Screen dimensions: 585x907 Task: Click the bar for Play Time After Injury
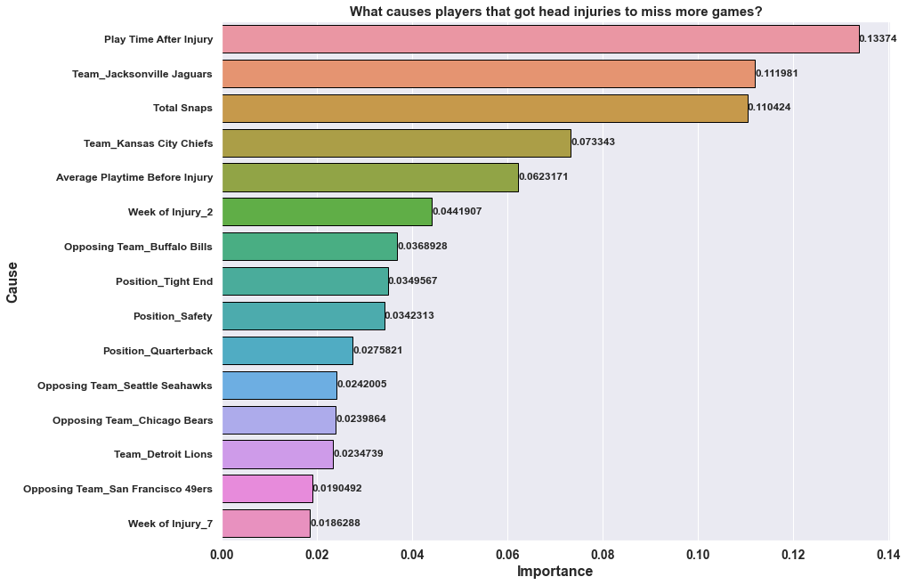tap(540, 39)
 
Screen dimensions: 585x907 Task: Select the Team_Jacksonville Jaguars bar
tap(488, 74)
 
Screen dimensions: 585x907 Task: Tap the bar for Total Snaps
tap(484, 108)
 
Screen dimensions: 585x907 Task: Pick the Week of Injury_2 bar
tap(327, 212)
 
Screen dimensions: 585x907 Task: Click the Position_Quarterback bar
tap(287, 351)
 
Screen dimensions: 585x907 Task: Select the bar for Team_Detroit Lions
tap(277, 454)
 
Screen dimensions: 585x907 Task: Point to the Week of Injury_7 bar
tap(265, 524)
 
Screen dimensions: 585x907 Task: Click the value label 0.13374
tap(878, 39)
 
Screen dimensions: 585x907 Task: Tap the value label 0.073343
tap(593, 142)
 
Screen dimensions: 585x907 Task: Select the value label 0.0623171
tap(543, 177)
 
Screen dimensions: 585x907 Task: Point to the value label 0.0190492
tap(336, 489)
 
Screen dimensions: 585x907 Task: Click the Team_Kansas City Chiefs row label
tap(148, 142)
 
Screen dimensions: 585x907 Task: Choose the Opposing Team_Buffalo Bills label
tap(138, 247)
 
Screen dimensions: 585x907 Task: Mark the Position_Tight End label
tap(164, 281)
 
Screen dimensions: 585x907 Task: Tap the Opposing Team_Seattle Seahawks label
tap(125, 386)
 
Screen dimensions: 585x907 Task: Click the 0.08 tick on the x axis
tap(603, 555)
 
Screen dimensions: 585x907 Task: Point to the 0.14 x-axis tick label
tap(887, 555)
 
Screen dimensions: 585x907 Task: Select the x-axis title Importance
tap(555, 572)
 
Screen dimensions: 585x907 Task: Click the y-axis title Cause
tap(12, 281)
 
